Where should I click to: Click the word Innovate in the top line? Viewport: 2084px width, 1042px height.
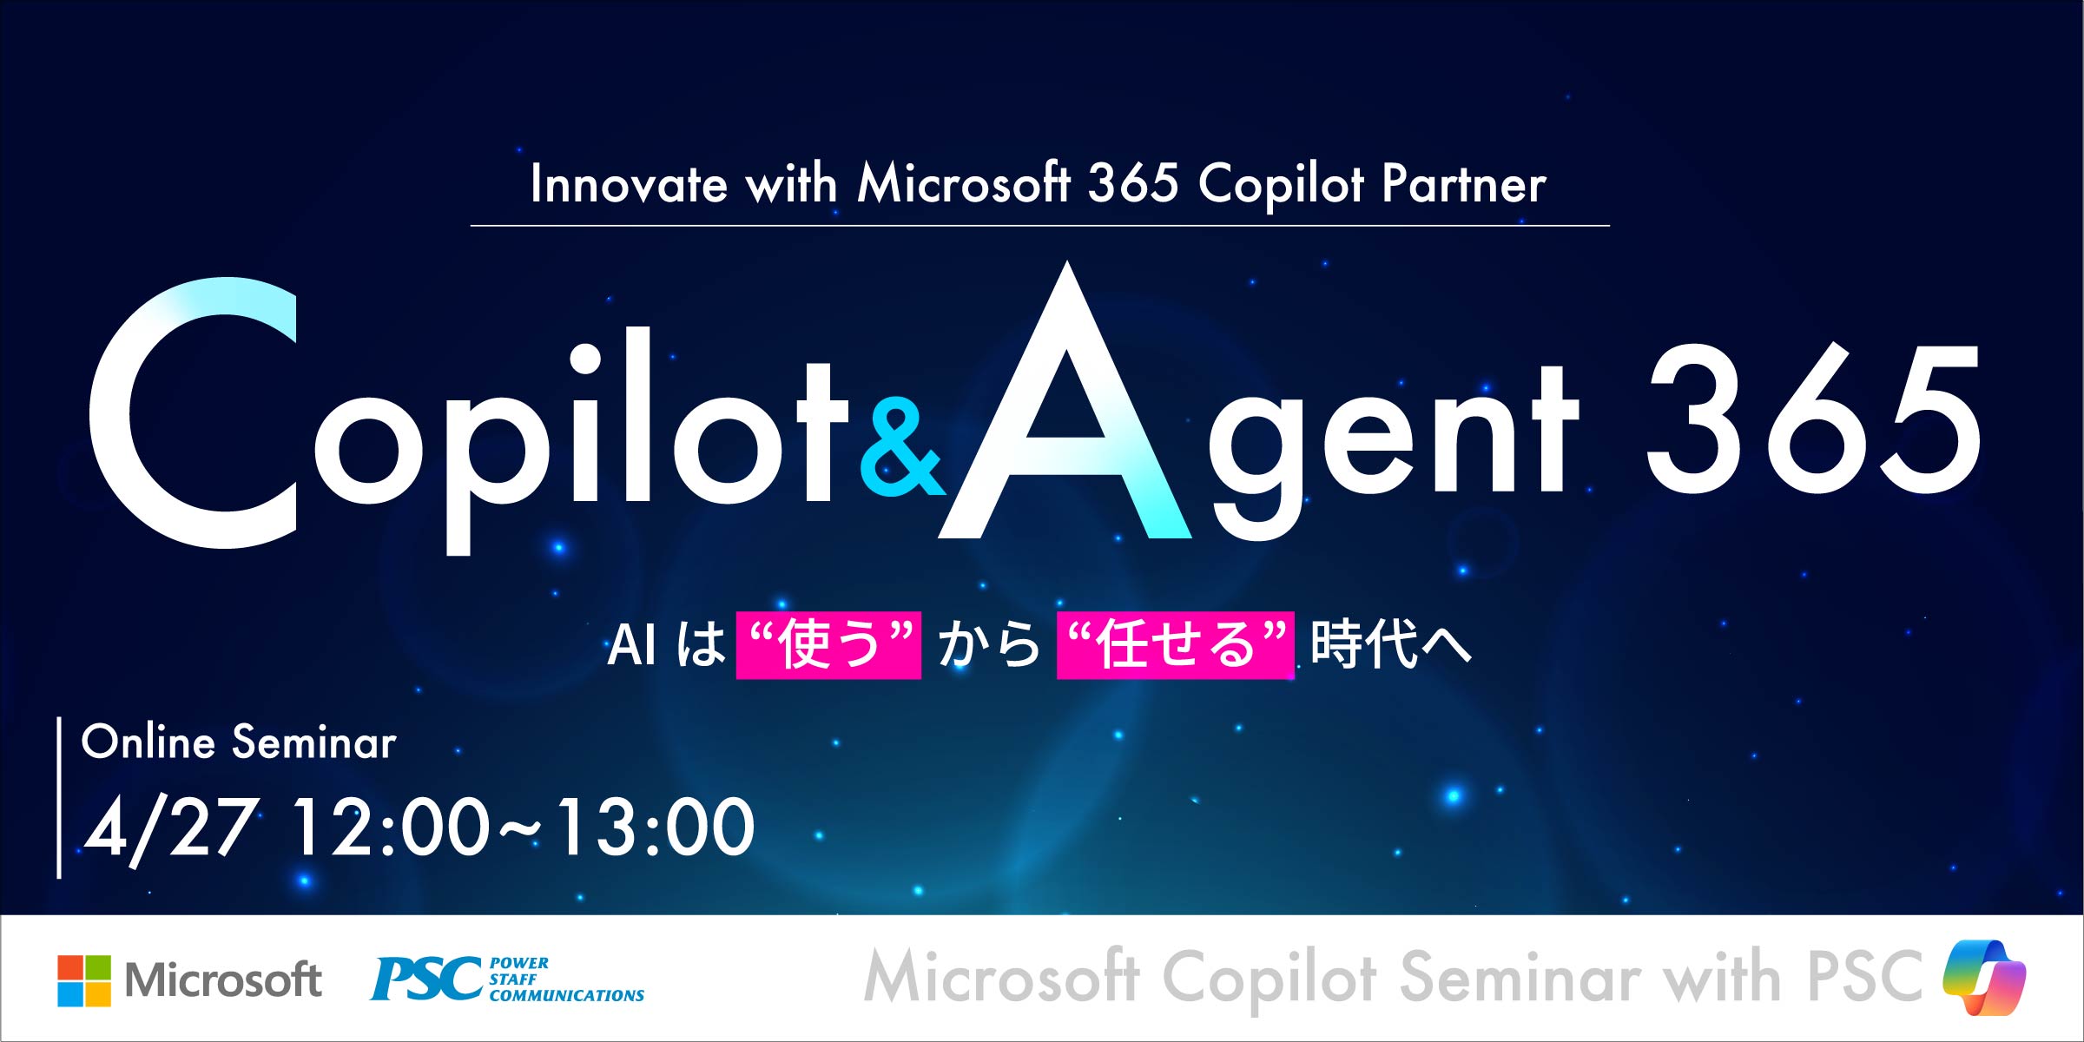pyautogui.click(x=629, y=184)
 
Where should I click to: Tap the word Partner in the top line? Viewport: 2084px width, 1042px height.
pyautogui.click(x=1464, y=184)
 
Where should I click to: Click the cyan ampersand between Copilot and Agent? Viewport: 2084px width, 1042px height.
pyautogui.click(x=901, y=448)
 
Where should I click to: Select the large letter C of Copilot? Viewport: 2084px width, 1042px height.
pyautogui.click(x=193, y=413)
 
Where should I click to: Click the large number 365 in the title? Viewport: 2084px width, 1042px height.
pyautogui.click(x=1813, y=419)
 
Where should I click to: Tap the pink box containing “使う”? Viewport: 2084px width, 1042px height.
pyautogui.click(x=828, y=645)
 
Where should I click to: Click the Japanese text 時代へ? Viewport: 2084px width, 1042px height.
pyautogui.click(x=1391, y=645)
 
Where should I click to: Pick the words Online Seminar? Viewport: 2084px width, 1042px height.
pyautogui.click(x=239, y=742)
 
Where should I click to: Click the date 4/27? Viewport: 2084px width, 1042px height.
pyautogui.click(x=170, y=828)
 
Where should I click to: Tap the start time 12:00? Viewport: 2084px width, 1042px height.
pyautogui.click(x=391, y=828)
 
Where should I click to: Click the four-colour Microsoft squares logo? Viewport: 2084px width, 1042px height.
pyautogui.click(x=84, y=981)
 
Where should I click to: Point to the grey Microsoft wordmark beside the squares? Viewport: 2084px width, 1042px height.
pyautogui.click(x=223, y=980)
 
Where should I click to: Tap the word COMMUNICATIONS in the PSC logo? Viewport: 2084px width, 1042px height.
pyautogui.click(x=567, y=995)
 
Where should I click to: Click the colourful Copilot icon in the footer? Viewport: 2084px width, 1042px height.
pyautogui.click(x=1984, y=979)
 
